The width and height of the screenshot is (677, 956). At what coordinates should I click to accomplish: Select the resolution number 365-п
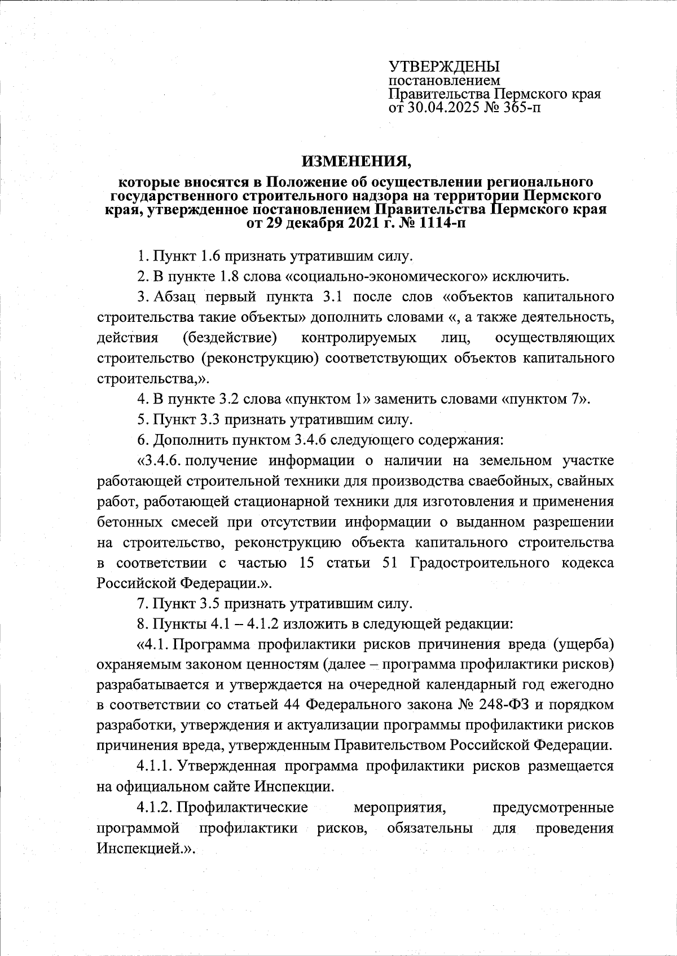pos(519,107)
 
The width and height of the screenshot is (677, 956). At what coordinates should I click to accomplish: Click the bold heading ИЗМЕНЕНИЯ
pos(357,162)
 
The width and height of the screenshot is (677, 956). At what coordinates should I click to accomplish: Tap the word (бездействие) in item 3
pos(230,338)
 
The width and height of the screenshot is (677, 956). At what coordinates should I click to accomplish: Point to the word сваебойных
pos(502,481)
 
